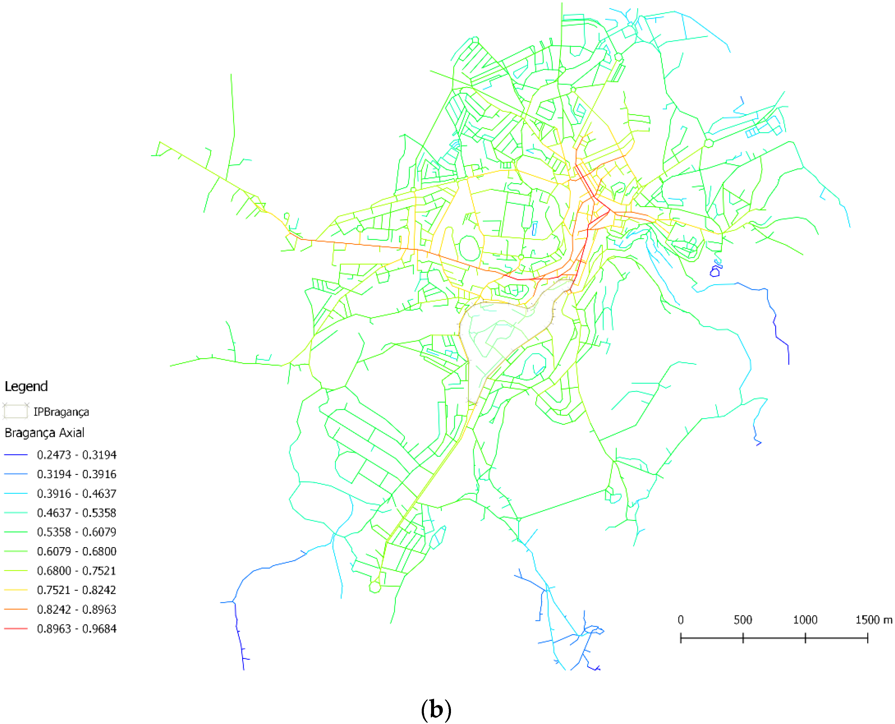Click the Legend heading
point(26,386)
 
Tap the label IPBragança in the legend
point(61,412)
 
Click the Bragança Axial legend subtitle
point(44,433)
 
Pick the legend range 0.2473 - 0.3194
point(76,455)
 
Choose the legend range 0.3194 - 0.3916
point(76,474)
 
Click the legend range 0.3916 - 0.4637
point(76,494)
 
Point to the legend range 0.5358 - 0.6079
point(76,532)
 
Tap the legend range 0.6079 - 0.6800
point(76,551)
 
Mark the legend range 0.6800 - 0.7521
point(76,571)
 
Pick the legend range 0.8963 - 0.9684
point(76,628)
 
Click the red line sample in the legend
point(16,628)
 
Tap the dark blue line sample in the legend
point(16,455)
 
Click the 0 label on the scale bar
point(681,620)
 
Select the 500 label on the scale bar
point(743,620)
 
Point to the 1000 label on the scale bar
point(805,620)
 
